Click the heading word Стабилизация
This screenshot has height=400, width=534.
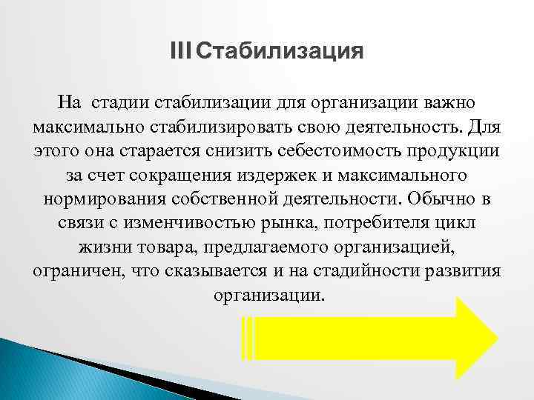tap(281, 53)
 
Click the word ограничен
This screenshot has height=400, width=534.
tap(71, 271)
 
